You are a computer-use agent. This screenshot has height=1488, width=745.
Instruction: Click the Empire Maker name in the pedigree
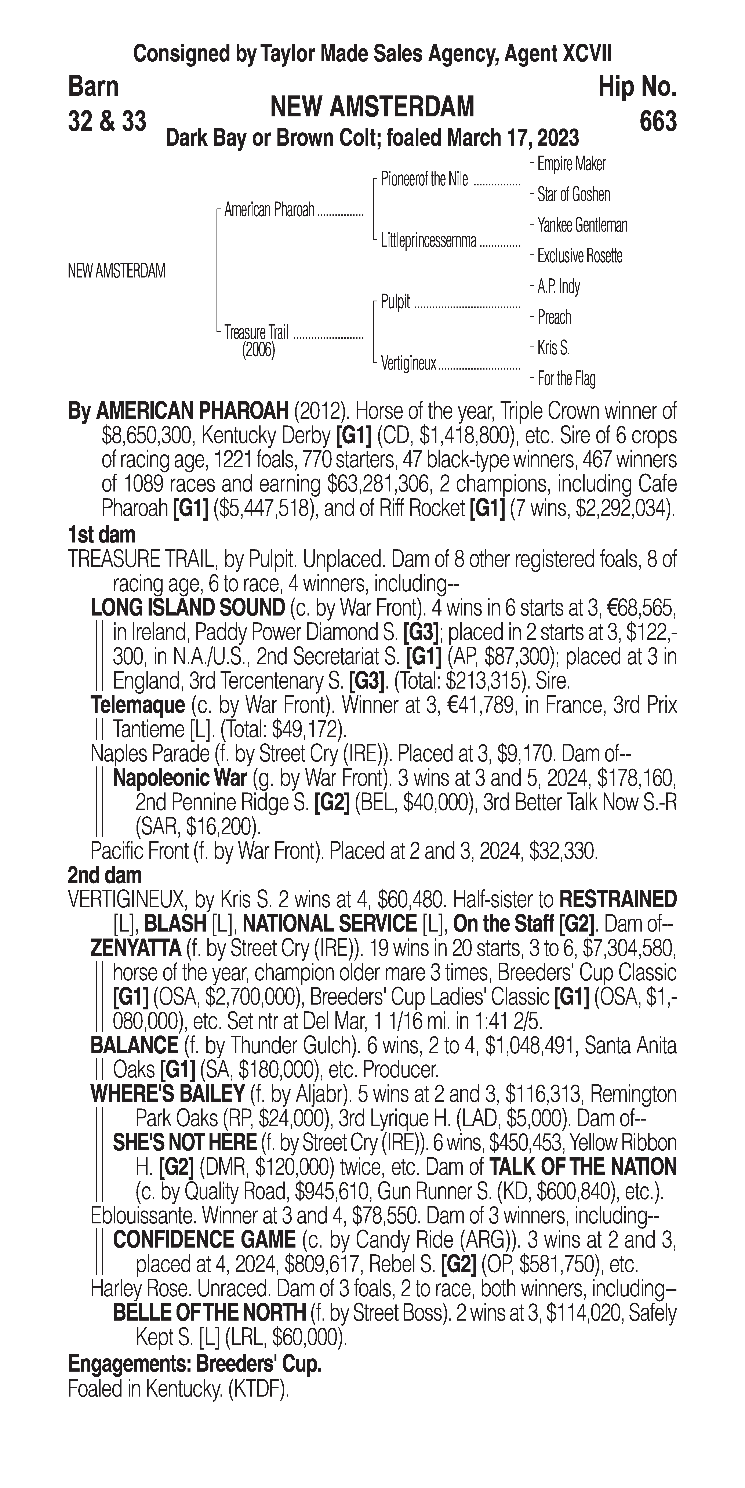click(571, 164)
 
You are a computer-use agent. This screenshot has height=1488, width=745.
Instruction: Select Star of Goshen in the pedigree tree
click(574, 195)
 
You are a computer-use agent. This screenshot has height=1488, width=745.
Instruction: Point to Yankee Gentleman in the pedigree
click(582, 225)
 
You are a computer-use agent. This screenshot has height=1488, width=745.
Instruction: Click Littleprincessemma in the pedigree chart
click(429, 240)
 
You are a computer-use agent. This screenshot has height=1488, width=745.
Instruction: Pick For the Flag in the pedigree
click(566, 379)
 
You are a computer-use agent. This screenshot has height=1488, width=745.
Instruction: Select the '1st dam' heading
click(102, 534)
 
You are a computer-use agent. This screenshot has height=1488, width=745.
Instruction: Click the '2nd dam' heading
click(105, 875)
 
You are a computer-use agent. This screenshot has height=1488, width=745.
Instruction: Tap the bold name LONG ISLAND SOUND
click(188, 608)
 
